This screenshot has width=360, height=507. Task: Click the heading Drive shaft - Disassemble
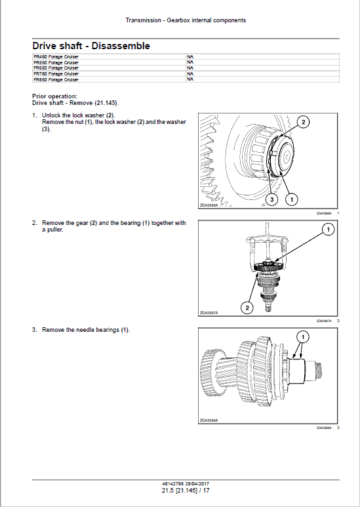pyautogui.click(x=91, y=46)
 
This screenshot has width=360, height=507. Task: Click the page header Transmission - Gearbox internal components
pyautogui.click(x=186, y=20)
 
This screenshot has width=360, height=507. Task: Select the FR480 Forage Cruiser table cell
pyautogui.click(x=56, y=58)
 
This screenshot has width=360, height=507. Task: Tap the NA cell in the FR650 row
pyautogui.click(x=190, y=68)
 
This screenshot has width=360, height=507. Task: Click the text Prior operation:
pyautogui.click(x=54, y=96)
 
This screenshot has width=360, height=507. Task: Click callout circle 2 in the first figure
pyautogui.click(x=303, y=121)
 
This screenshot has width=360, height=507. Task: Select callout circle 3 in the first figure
pyautogui.click(x=271, y=199)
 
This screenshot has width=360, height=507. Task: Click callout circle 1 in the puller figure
pyautogui.click(x=328, y=230)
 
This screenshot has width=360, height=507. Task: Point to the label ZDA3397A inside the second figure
pyautogui.click(x=209, y=313)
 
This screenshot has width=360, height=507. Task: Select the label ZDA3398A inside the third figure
pyautogui.click(x=209, y=420)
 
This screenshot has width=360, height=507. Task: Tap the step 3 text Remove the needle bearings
pyautogui.click(x=85, y=330)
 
